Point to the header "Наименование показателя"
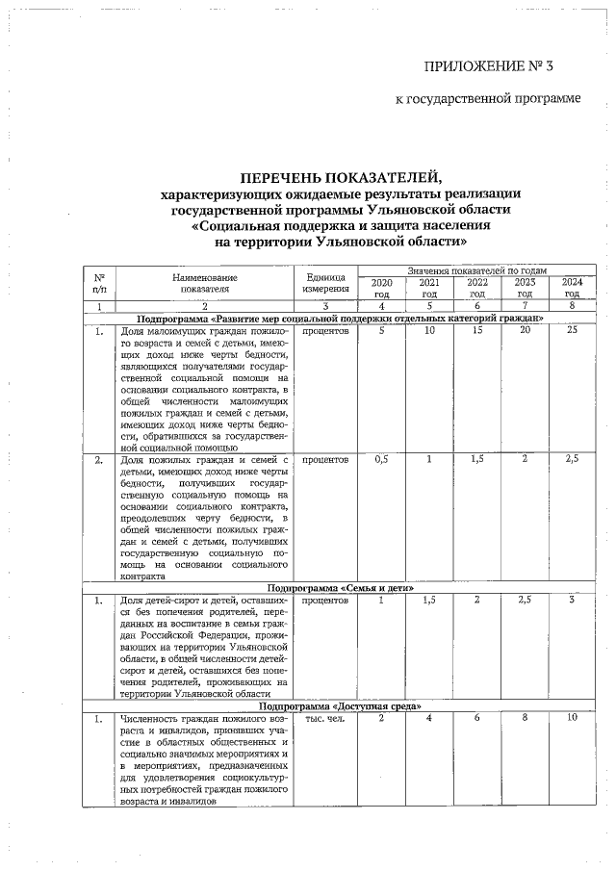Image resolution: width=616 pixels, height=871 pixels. pyautogui.click(x=206, y=283)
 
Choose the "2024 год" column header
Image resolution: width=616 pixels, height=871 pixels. pyautogui.click(x=572, y=288)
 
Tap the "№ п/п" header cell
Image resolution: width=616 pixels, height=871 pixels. pyautogui.click(x=99, y=283)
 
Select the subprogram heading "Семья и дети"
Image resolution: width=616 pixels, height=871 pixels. pyautogui.click(x=341, y=586)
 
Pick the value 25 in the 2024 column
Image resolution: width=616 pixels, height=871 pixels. pyautogui.click(x=572, y=331)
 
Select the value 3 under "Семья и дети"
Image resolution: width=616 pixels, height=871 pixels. pyautogui.click(x=572, y=600)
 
